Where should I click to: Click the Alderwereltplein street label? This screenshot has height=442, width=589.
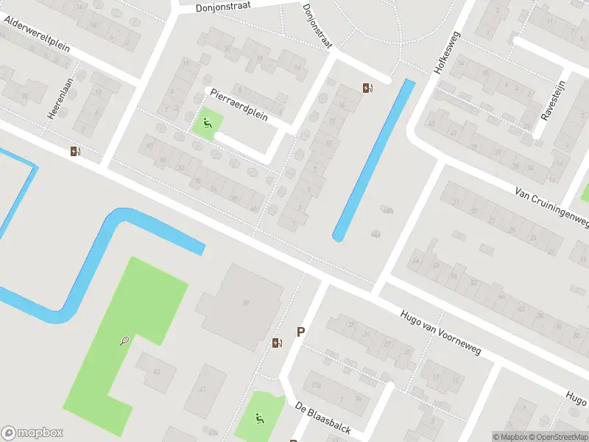pos(37,35)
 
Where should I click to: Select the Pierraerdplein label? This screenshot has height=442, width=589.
pos(239,105)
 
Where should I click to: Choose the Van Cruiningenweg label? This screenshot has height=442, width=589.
pos(552,207)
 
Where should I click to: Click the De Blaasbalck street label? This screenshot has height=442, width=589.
pos(322,418)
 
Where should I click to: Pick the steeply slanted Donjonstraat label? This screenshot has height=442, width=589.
pos(317,27)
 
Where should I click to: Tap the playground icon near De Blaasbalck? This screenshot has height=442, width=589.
pos(259,419)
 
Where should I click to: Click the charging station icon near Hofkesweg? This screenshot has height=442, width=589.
pos(367,88)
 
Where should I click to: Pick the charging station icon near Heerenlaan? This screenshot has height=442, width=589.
pos(75,152)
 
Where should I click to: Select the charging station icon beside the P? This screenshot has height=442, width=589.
pos(277,343)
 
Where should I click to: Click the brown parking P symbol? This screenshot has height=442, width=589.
pos(300,332)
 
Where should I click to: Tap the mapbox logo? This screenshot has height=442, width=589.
pos(32,433)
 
